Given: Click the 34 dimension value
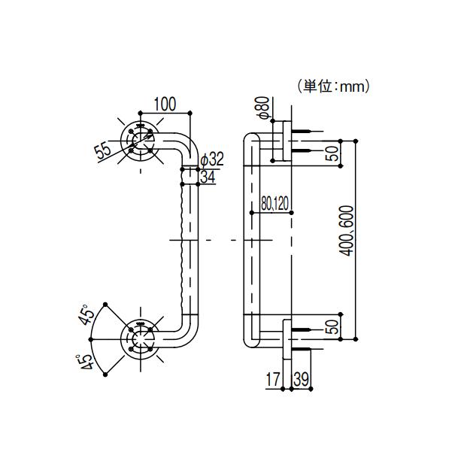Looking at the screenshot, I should pos(210,177).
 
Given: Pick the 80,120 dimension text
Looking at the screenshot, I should pos(275,203).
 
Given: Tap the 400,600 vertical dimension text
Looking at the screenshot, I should pos(347,229).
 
